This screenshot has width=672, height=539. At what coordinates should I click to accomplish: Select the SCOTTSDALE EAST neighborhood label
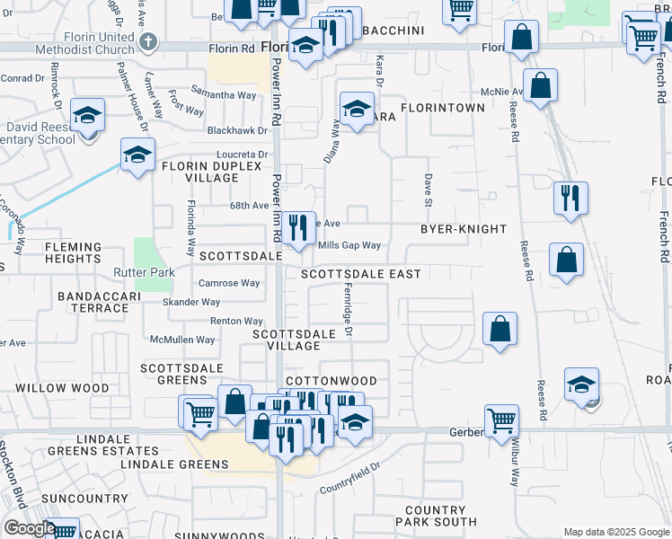coord(360,273)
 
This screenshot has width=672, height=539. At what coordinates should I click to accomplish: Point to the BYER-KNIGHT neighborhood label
coord(464,229)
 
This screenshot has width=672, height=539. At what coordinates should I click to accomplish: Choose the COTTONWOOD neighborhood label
coord(330,381)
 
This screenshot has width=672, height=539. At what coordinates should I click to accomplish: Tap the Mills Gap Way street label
coord(349,245)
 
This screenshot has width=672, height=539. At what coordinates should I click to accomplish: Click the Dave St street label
coord(429,190)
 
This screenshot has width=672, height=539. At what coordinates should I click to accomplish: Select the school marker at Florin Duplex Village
coord(137,155)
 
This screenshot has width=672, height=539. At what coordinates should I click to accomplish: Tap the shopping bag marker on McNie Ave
coord(540,86)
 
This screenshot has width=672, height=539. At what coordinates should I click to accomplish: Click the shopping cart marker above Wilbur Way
coord(501,420)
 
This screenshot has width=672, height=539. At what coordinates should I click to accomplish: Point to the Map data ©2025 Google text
coord(615,532)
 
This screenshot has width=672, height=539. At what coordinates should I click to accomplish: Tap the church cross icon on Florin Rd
coord(149,41)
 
